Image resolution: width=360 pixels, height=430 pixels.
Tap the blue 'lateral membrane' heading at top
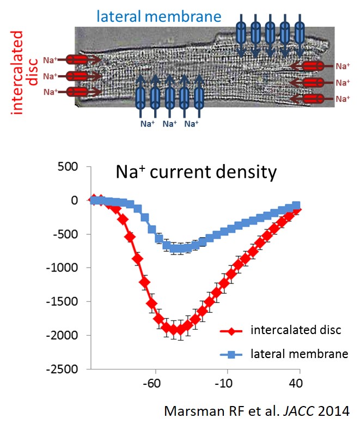coord(159,16)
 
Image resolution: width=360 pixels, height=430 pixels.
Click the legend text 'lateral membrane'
coord(299,354)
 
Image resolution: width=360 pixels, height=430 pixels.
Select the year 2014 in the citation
coord(335,410)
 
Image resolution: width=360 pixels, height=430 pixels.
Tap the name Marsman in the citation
coord(190,410)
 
